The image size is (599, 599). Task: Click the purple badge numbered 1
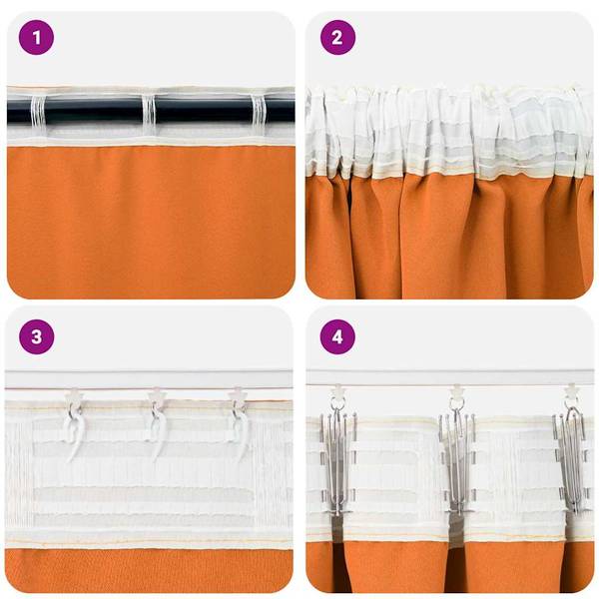38,38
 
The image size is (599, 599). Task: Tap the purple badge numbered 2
337,38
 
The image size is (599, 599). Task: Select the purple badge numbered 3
38,336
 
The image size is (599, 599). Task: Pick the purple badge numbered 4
337,336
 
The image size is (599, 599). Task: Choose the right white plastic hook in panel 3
240,429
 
